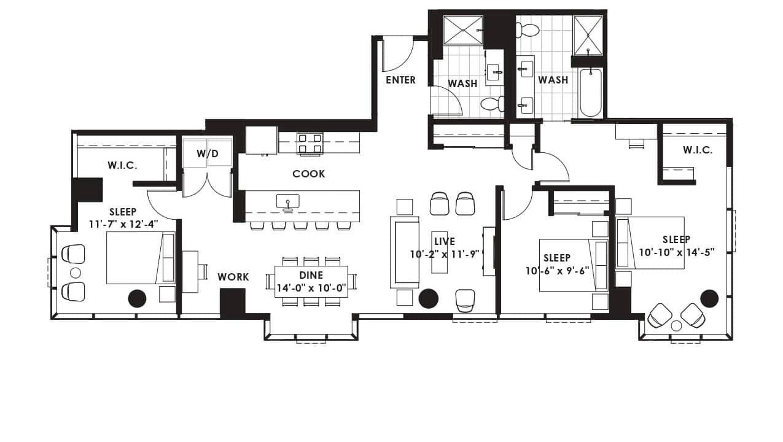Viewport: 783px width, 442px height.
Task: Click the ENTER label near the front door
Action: point(400,80)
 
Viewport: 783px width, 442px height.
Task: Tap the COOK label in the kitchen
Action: point(309,174)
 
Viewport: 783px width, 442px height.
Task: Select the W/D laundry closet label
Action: point(208,153)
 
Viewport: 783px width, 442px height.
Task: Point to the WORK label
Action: point(233,277)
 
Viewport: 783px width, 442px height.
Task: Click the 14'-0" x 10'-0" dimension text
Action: point(311,289)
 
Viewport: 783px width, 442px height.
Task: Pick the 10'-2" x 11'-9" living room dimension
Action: point(444,254)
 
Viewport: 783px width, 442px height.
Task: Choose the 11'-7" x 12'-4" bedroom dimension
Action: point(123,224)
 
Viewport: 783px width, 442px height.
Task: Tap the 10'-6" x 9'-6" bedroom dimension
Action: point(558,271)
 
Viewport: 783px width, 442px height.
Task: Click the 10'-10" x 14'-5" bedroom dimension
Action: point(677,252)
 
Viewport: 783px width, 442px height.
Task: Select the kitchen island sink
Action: point(287,202)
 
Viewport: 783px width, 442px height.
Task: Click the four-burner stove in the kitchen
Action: point(310,143)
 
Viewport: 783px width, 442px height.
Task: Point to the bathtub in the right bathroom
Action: point(590,93)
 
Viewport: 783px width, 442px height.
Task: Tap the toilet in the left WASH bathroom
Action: point(492,104)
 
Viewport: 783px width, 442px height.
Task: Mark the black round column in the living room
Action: point(428,299)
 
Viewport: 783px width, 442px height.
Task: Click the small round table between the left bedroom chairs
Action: point(76,273)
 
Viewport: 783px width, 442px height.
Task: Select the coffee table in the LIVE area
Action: point(439,252)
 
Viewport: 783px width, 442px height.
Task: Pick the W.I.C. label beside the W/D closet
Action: point(122,165)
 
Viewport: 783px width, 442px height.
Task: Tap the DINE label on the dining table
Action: point(311,276)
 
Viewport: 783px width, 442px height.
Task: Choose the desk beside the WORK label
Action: point(190,271)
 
